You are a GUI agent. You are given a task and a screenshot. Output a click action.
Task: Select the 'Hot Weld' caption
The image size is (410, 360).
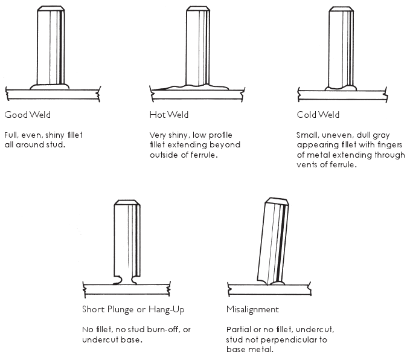167,115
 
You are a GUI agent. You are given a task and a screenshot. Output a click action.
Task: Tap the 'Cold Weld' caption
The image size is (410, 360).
318,115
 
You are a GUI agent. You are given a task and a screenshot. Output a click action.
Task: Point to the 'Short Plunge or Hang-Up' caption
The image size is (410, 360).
133,309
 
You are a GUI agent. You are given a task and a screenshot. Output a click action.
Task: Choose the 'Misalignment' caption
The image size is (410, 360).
252,309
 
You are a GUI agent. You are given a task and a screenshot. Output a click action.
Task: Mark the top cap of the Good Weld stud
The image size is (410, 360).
51,10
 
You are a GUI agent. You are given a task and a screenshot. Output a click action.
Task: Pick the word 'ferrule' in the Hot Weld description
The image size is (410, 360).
203,155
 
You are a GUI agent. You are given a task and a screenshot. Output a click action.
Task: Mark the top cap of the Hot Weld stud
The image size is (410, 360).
197,10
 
